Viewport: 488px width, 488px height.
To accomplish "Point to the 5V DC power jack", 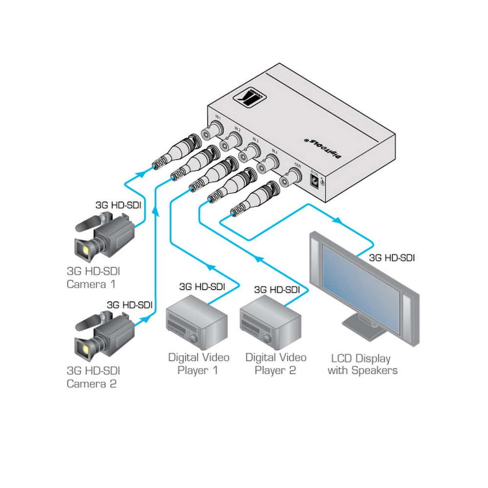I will click(x=316, y=182).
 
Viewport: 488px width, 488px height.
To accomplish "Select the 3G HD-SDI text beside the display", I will click(x=392, y=257).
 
